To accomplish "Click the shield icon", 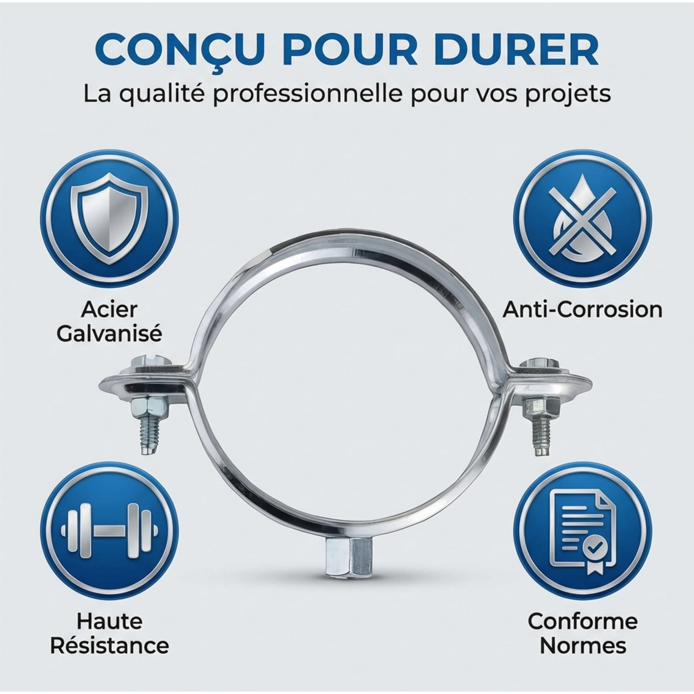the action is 109,219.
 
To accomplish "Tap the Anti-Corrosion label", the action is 582,310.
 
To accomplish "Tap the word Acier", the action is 109,310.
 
